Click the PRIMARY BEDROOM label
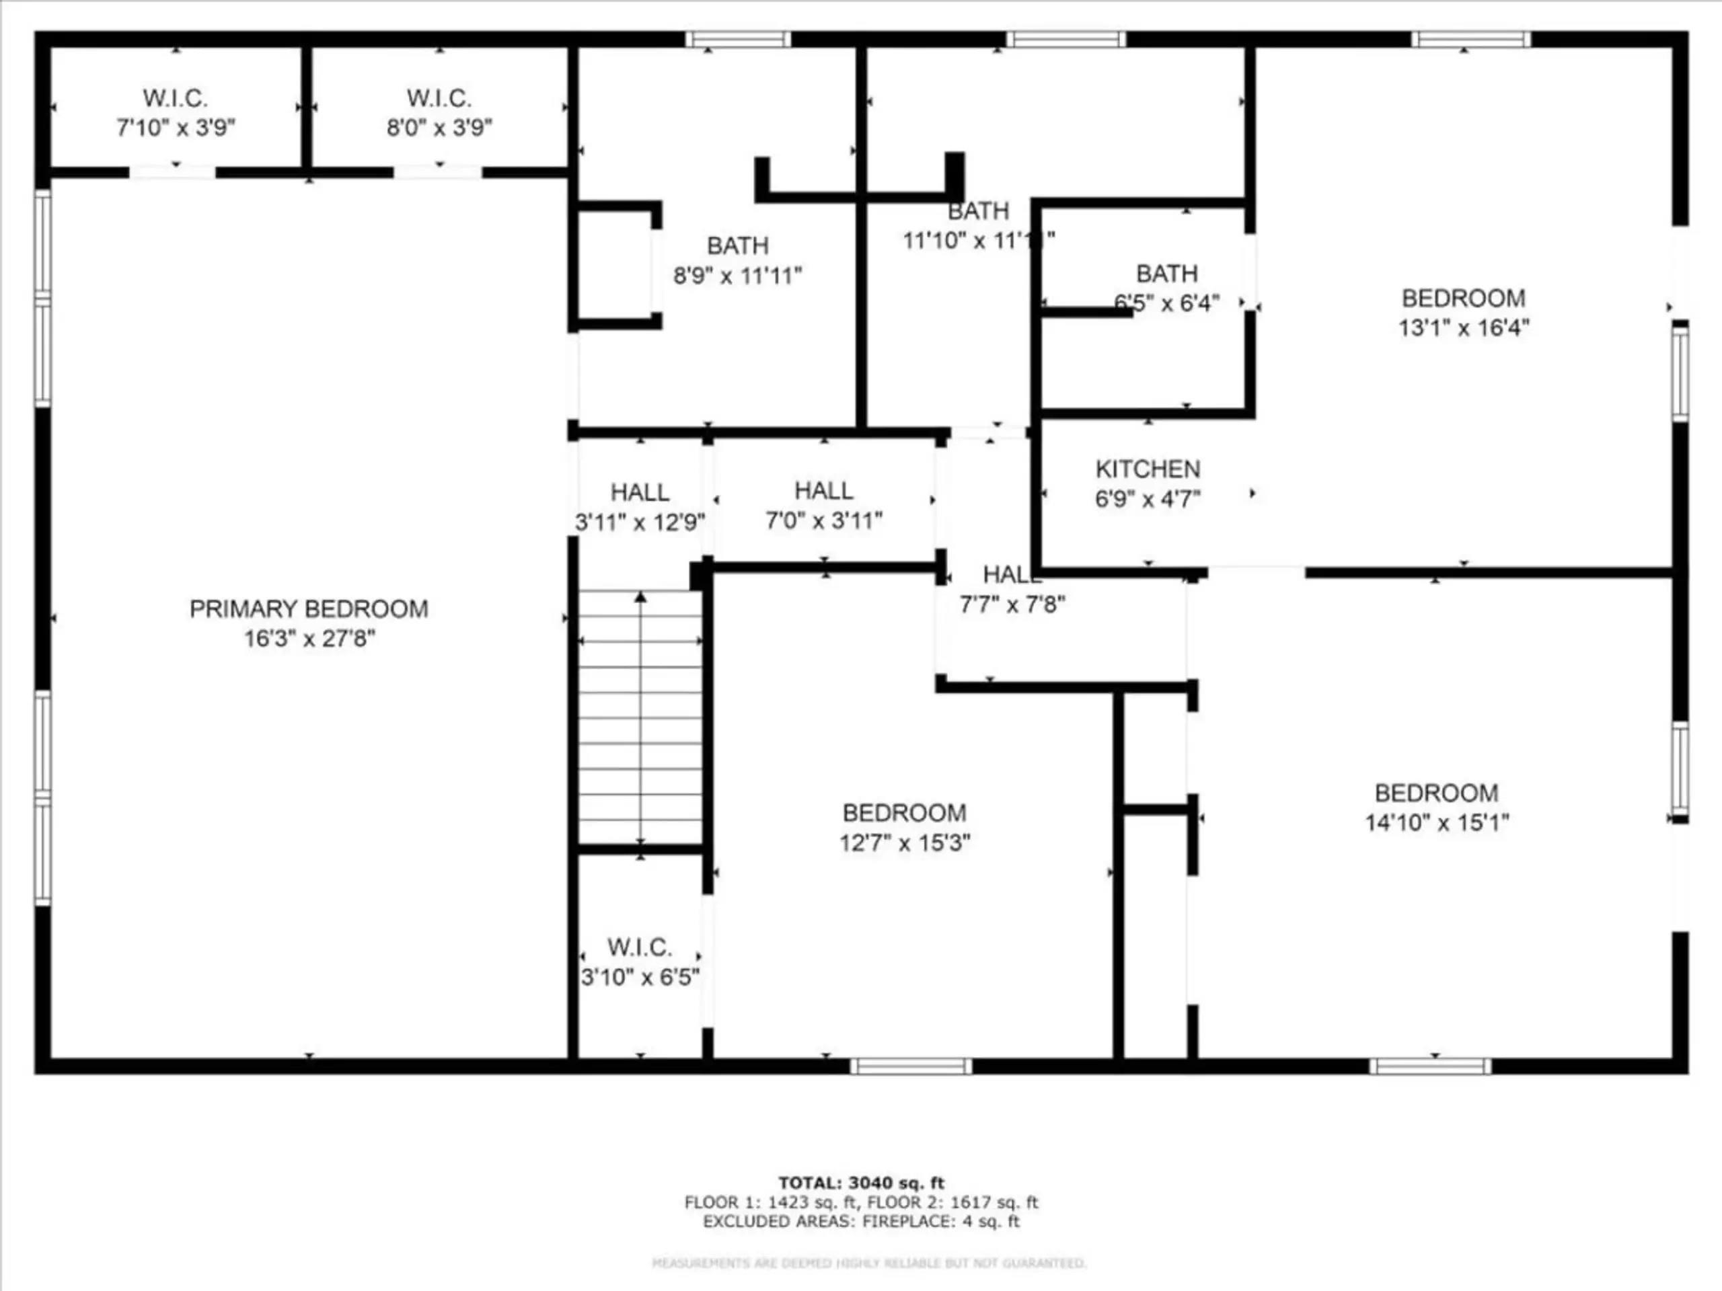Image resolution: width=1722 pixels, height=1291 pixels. point(308,609)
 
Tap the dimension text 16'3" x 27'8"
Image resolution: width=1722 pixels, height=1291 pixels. point(309,639)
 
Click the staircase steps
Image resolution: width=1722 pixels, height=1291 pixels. point(640,716)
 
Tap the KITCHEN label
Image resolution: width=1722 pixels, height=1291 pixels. point(1148,469)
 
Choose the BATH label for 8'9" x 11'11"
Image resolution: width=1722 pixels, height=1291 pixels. point(737,246)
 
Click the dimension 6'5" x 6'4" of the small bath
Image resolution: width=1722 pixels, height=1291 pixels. point(1166,303)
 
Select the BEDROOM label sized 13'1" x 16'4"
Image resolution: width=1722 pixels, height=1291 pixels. point(1463,298)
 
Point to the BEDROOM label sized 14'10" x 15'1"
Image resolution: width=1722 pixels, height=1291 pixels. point(1435,793)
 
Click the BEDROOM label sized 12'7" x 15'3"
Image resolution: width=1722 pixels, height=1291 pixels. point(904,812)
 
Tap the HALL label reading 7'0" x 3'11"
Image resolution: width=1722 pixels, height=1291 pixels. point(823,490)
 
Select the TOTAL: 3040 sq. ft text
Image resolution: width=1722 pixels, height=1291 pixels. point(861,1183)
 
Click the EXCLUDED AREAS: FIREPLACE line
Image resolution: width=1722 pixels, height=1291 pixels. point(861,1221)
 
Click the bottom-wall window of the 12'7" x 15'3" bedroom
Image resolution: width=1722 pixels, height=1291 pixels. point(910,1066)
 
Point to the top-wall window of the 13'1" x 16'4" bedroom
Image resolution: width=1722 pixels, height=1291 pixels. point(1470,39)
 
